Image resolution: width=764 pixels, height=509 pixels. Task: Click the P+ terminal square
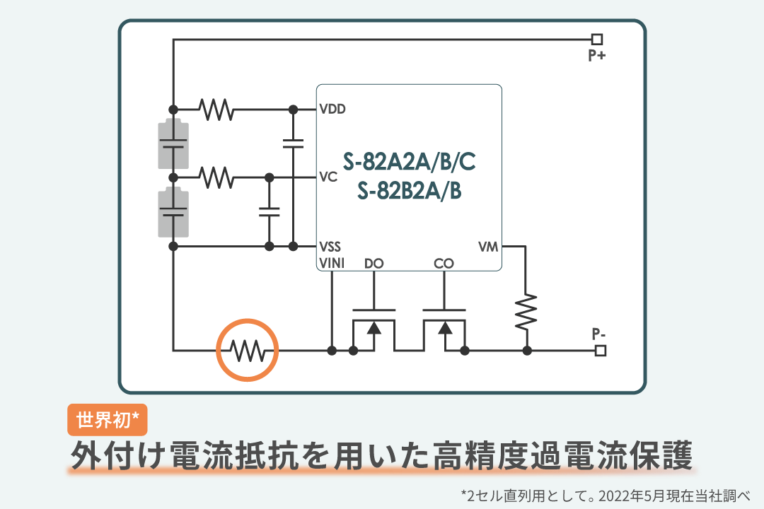[597, 40]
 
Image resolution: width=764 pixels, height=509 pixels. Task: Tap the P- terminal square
[601, 350]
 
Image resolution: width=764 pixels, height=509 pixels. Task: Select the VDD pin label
[332, 110]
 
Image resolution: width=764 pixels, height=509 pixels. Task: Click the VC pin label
[328, 177]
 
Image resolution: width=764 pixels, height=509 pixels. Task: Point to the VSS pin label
[330, 247]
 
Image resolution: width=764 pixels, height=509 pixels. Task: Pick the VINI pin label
[332, 264]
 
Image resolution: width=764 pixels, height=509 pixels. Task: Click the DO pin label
[374, 264]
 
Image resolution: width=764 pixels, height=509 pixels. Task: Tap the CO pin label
[444, 264]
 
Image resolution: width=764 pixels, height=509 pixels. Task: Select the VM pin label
[488, 247]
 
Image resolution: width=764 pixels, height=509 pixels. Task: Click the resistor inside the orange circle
[248, 350]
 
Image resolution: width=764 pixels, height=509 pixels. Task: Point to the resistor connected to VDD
[216, 110]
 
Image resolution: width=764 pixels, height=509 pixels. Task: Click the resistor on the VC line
[216, 177]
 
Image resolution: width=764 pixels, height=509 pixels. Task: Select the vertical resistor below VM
[526, 312]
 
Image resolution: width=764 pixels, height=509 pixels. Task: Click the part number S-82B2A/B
[410, 191]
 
